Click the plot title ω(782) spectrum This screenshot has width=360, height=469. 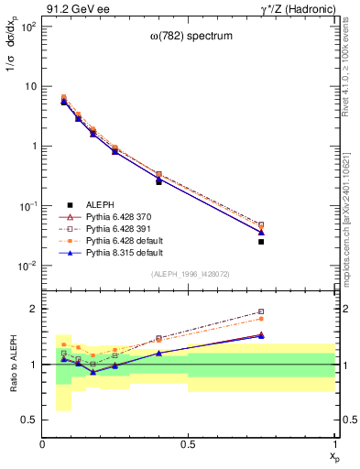pyautogui.click(x=189, y=36)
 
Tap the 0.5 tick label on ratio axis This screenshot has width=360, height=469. pyautogui.click(x=30, y=420)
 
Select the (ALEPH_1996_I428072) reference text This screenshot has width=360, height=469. pyautogui.click(x=189, y=275)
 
